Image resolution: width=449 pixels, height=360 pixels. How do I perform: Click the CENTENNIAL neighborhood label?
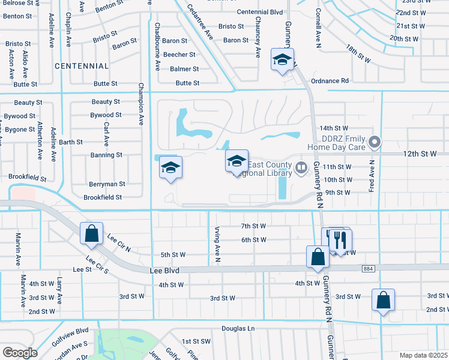coord(82,66)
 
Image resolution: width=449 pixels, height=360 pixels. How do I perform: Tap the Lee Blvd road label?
coord(165,271)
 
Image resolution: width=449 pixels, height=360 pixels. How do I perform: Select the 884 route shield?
coord(367,269)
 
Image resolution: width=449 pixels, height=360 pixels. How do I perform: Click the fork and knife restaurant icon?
coord(340,240)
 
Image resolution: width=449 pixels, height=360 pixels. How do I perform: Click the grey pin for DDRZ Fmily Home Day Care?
coord(375,142)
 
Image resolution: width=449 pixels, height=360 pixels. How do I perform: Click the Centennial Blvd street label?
coord(259,12)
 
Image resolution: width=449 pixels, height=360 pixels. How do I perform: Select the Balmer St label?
coord(184,69)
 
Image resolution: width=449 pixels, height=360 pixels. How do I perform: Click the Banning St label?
coord(106,155)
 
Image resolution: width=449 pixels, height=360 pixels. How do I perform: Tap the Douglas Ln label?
coord(238,329)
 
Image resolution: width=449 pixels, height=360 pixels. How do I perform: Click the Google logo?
coord(20,353)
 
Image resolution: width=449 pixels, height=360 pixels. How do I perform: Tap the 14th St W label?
coord(334,128)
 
